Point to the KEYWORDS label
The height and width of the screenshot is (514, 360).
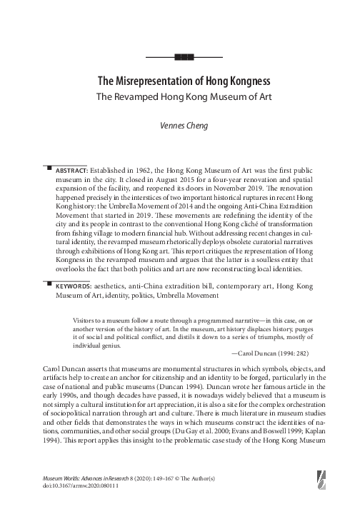point(74,286)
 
